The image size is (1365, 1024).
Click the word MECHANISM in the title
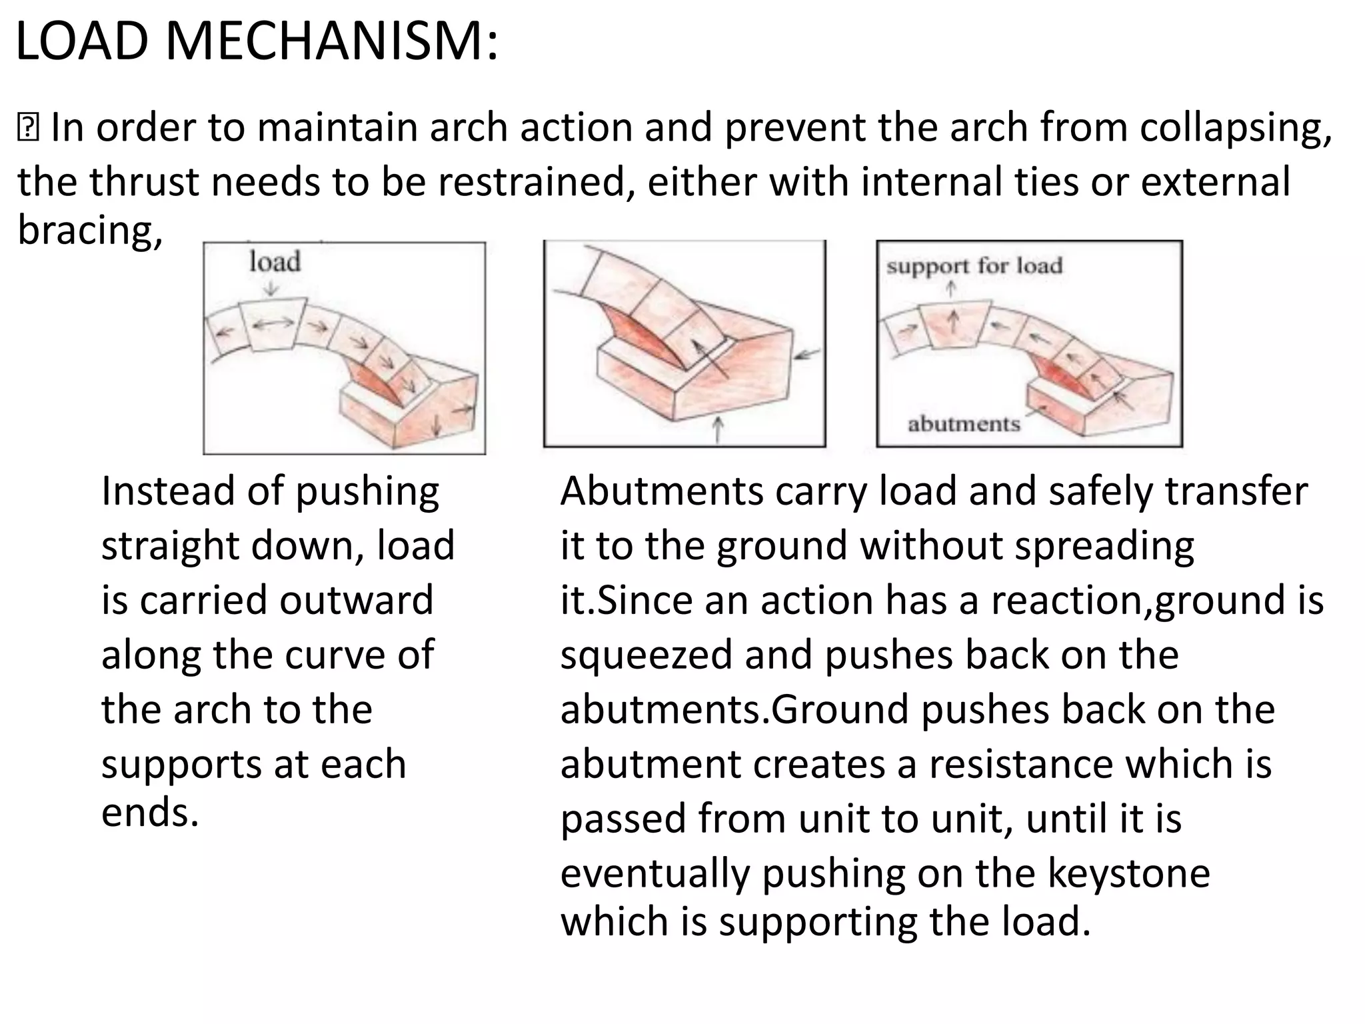pyautogui.click(x=331, y=42)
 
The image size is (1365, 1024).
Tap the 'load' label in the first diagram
pyautogui.click(x=275, y=261)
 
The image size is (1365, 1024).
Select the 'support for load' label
pyautogui.click(x=974, y=266)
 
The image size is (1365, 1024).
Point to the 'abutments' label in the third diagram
pyautogui.click(x=964, y=424)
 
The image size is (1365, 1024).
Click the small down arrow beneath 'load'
pyautogui.click(x=271, y=288)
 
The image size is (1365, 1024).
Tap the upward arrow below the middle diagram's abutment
pyautogui.click(x=717, y=429)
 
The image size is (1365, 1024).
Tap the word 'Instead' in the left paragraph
pyautogui.click(x=169, y=491)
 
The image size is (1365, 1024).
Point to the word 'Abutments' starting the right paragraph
pyautogui.click(x=662, y=491)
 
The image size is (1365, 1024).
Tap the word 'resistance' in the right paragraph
pyautogui.click(x=1021, y=764)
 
